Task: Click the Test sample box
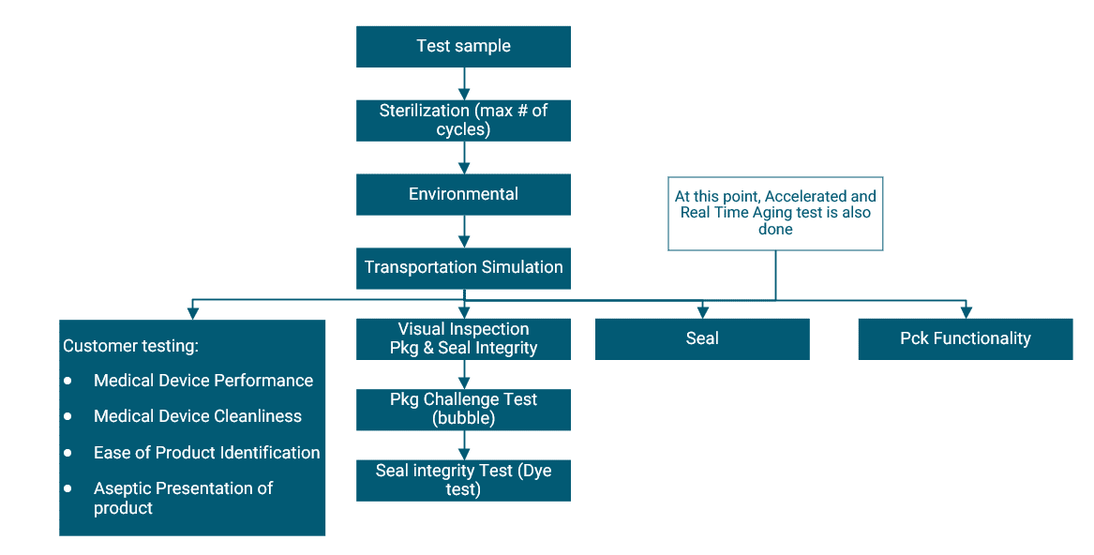coord(463,47)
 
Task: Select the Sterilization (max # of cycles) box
coord(463,120)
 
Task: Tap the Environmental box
coord(463,194)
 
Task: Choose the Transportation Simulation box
coord(463,267)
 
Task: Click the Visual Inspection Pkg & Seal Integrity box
coord(463,339)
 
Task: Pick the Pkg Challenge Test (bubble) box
coord(463,409)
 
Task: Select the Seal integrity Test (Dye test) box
coord(463,480)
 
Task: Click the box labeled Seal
coord(701,339)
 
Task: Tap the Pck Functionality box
coord(965,339)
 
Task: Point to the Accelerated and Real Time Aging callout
coord(775,213)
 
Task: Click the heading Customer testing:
coord(130,346)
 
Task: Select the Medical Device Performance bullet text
coord(203,381)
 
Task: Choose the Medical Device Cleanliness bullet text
coord(198,416)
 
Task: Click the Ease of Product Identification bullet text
coord(206,453)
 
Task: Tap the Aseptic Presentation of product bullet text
coord(183,498)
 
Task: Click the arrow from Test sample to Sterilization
coord(463,83)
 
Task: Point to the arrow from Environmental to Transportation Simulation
coord(463,231)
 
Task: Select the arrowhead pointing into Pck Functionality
coord(966,312)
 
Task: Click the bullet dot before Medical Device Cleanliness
coord(67,417)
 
